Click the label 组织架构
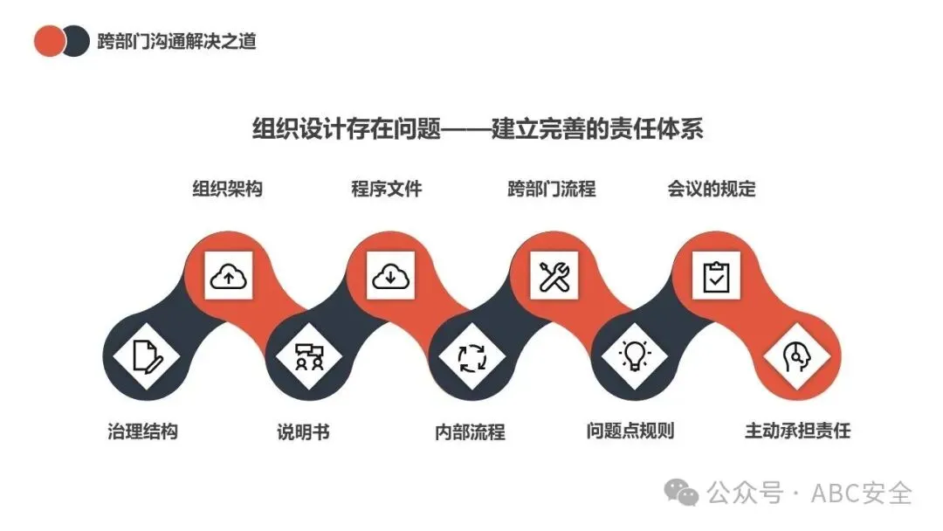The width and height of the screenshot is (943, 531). point(227,189)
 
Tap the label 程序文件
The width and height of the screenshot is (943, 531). point(387,189)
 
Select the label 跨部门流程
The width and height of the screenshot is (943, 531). point(552,189)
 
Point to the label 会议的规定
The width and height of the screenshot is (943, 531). point(712,189)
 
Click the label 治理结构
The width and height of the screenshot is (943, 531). point(142,431)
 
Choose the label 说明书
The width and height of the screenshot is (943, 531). point(303,431)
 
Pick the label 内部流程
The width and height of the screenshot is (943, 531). point(470,431)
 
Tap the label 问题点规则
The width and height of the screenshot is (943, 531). point(630,431)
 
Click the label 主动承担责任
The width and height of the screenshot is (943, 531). point(797,431)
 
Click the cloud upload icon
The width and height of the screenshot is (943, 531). point(229,276)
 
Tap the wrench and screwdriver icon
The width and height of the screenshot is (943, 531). point(554,276)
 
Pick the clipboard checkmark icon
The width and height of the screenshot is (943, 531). point(716,276)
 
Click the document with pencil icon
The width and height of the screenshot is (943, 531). point(145,356)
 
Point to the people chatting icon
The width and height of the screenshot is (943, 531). point(309,356)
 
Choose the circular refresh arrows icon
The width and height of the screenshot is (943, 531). point(472,356)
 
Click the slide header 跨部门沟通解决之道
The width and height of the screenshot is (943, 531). point(178,41)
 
